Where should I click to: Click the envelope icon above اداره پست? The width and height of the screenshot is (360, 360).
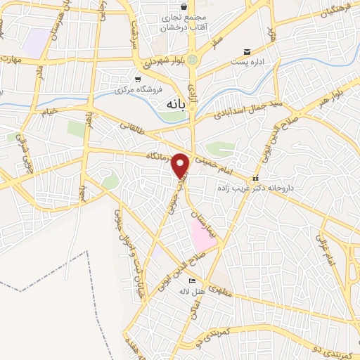(x=247, y=52)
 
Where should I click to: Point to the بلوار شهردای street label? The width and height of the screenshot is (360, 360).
(x=162, y=63)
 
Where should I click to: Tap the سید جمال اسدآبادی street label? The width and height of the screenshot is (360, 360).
(x=238, y=109)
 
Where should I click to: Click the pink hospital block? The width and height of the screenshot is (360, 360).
(x=202, y=235)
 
